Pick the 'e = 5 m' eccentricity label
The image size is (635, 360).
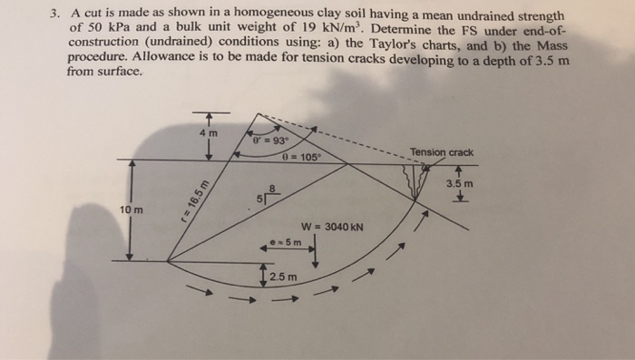coord(287,243)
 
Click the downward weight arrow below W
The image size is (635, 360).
coord(314,251)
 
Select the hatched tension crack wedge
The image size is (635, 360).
coord(418,181)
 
